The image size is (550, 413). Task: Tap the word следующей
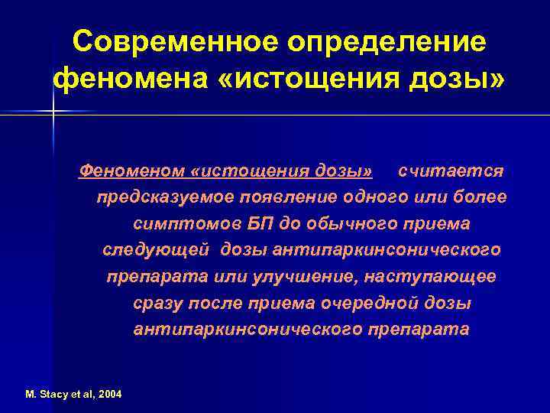(157, 250)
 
